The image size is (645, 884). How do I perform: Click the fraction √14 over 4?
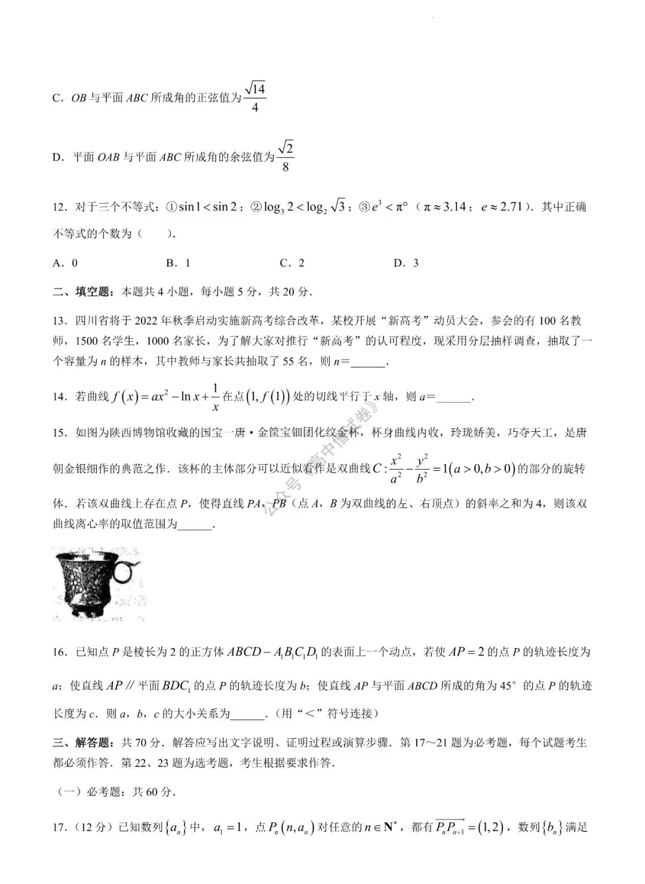pyautogui.click(x=255, y=97)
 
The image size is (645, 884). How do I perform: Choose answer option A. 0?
pyautogui.click(x=66, y=263)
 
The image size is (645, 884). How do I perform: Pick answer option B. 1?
pyautogui.click(x=178, y=263)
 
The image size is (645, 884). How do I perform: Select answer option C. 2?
pyautogui.click(x=292, y=263)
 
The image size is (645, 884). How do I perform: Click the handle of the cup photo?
pyautogui.click(x=125, y=572)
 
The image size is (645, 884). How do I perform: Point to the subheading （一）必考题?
pyautogui.click(x=90, y=792)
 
